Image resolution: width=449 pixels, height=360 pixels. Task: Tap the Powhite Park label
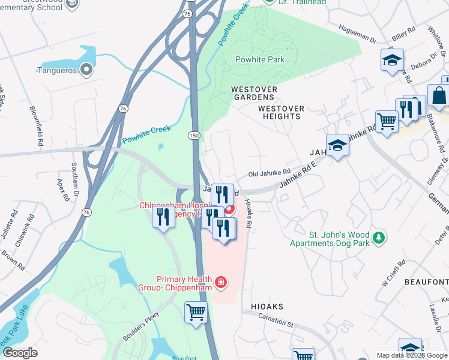pyautogui.click(x=259, y=59)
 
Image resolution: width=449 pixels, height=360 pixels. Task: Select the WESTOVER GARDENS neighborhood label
pyautogui.click(x=255, y=94)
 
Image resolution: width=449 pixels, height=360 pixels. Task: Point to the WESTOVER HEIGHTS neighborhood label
pyautogui.click(x=281, y=112)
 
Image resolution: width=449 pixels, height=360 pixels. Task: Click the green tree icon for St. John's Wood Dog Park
pyautogui.click(x=378, y=238)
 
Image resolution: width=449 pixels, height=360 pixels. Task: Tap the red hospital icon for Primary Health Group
pyautogui.click(x=221, y=281)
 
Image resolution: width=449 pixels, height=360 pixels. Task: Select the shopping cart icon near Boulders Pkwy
pyautogui.click(x=196, y=313)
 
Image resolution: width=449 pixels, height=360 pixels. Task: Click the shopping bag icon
pyautogui.click(x=439, y=95)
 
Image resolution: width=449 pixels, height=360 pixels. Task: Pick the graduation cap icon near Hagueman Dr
pyautogui.click(x=392, y=60)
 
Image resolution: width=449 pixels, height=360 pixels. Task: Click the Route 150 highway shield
pyautogui.click(x=194, y=136)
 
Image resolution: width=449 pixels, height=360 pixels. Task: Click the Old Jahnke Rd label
pyautogui.click(x=270, y=173)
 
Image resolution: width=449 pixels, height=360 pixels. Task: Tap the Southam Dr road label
pyautogui.click(x=75, y=179)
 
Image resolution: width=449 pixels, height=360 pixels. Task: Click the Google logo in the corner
pyautogui.click(x=20, y=353)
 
